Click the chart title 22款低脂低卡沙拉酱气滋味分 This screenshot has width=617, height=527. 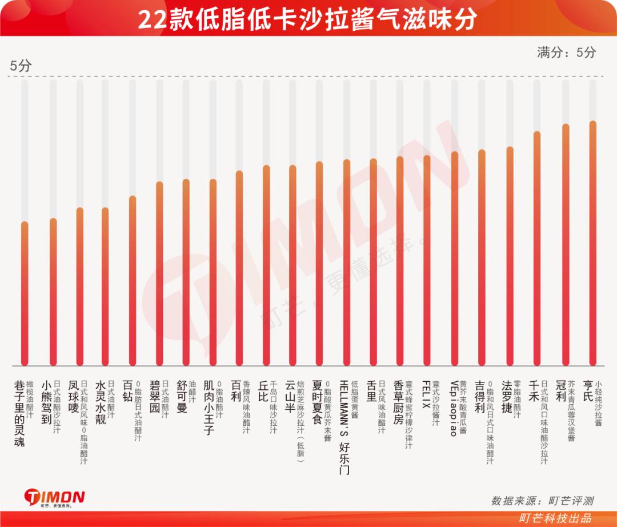308,19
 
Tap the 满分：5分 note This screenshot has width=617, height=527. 566,53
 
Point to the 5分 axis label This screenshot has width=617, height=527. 21,66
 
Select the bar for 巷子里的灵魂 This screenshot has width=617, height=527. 25,293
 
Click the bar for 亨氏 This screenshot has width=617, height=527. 592,243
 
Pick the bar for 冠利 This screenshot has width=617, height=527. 566,245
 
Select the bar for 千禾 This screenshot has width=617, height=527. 537,248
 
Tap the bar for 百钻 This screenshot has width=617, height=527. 133,280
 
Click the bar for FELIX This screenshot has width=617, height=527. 427,260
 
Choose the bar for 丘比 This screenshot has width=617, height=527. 266,265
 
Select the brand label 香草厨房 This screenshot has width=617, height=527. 399,402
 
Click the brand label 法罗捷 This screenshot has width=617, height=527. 506,397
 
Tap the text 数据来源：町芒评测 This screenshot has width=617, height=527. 542,501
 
